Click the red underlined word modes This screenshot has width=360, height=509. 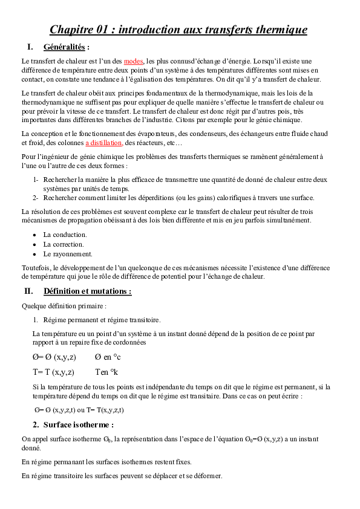point(134,62)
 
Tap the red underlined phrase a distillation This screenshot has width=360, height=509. point(103,143)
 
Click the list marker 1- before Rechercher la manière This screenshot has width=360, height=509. point(36,180)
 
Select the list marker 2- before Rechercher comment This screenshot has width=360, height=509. point(36,198)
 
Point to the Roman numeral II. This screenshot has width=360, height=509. point(28,291)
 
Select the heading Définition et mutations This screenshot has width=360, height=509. point(87,291)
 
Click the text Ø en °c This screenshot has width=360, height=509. point(108,357)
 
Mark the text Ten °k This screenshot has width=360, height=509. point(106,372)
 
